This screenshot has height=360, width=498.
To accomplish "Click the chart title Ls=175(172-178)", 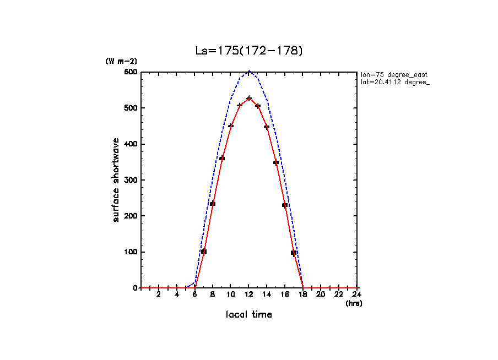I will [x=249, y=51].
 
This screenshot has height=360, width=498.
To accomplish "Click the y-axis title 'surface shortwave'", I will [x=116, y=179].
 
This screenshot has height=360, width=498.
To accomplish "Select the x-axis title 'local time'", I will [x=248, y=315].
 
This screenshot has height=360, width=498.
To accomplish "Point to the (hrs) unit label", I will [x=354, y=303].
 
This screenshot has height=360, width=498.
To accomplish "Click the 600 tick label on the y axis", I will [x=130, y=72].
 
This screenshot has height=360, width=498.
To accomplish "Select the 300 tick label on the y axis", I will [x=130, y=180].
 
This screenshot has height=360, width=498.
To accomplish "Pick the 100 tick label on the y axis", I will [x=130, y=252].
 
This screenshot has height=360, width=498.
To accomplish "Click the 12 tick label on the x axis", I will [x=249, y=295].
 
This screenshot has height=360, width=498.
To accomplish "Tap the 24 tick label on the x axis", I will [x=357, y=295].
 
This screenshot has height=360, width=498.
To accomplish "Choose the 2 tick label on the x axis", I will [x=159, y=295].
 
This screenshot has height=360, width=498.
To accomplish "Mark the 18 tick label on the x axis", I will [x=303, y=295].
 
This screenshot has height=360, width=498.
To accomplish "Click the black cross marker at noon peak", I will [x=249, y=99].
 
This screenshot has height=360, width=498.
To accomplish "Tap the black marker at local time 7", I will [x=204, y=252].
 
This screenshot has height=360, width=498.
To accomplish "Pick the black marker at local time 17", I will [x=294, y=253].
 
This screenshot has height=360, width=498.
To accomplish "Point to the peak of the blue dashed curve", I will [x=249, y=71].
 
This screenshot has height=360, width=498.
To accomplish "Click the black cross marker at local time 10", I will [x=231, y=126].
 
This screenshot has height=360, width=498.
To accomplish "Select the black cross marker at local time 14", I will [x=267, y=127].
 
